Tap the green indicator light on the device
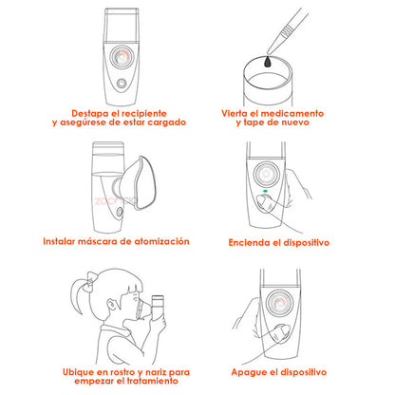pyautogui.click(x=265, y=191)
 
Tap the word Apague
pyautogui.click(x=248, y=372)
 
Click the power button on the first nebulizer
pyautogui.click(x=122, y=84)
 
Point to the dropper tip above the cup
pyautogui.click(x=269, y=52)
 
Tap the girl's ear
pyautogui.click(x=112, y=306)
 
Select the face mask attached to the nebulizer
pyautogui.click(x=138, y=183)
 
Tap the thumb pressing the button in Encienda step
pyautogui.click(x=266, y=203)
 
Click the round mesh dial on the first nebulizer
pyautogui.click(x=122, y=57)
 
